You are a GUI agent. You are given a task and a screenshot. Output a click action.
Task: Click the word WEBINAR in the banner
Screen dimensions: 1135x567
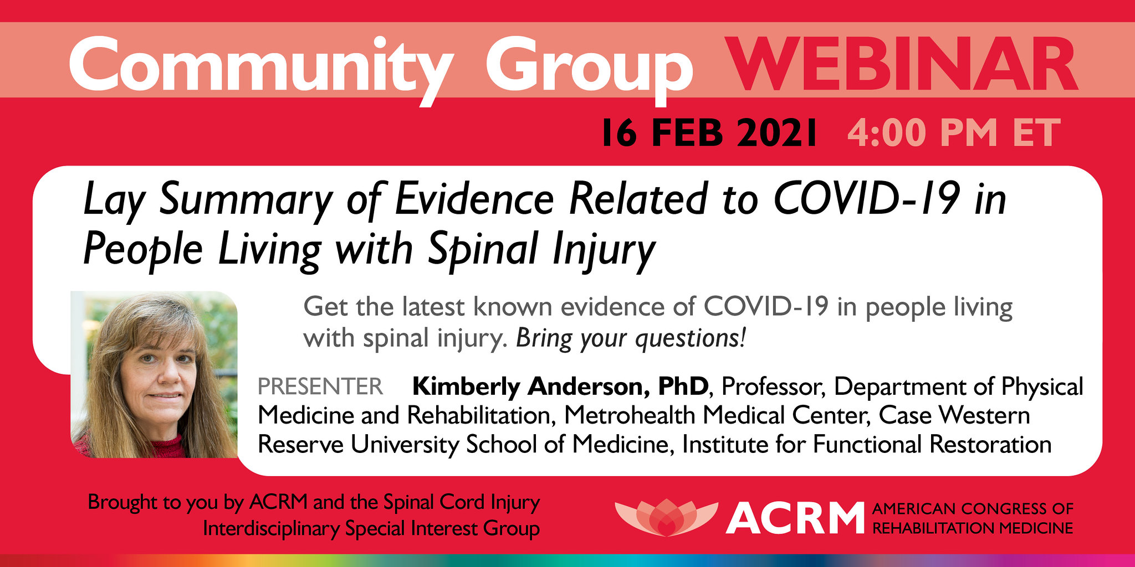click(x=902, y=65)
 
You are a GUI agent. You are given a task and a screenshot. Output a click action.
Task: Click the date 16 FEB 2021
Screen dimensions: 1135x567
click(x=709, y=133)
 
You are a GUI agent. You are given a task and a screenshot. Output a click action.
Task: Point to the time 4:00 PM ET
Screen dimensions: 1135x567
click(x=953, y=133)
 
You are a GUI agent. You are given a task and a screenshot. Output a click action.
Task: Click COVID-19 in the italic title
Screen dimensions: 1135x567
click(x=866, y=199)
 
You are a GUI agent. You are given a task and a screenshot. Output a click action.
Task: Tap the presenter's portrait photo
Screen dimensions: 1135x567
click(x=154, y=374)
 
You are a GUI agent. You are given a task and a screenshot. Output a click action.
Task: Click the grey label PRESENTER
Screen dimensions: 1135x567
click(x=320, y=386)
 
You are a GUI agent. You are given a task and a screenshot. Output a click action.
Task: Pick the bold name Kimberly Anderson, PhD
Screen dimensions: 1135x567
click(x=560, y=386)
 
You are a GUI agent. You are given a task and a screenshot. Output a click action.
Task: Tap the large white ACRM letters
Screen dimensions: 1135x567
click(x=795, y=518)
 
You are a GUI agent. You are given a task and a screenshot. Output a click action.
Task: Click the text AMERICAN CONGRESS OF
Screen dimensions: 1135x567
click(x=973, y=508)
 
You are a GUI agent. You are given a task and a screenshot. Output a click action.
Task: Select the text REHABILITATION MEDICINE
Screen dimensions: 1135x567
click(x=973, y=528)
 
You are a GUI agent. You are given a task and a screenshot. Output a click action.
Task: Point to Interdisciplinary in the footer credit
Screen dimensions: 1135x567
click(x=271, y=528)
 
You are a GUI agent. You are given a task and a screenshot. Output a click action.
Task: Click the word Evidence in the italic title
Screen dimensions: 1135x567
click(x=474, y=199)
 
